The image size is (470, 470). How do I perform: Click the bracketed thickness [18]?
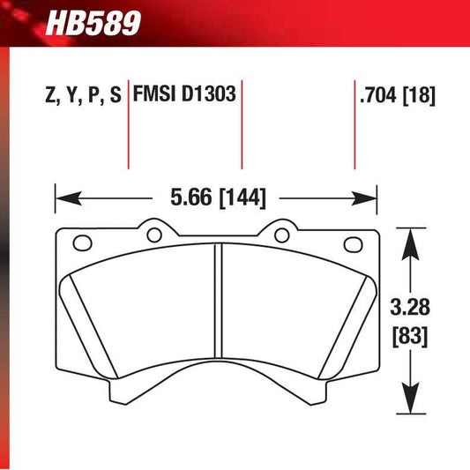420,95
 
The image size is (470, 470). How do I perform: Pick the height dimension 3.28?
408,310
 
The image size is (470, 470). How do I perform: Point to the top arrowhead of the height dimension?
408,236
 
